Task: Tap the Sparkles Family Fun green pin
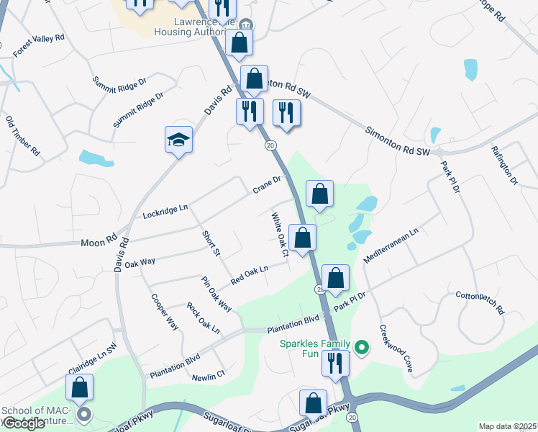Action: point(363,350)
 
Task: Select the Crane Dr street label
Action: point(270,185)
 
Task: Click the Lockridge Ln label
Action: point(165,211)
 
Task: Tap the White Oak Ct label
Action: point(280,234)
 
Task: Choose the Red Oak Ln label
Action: point(249,274)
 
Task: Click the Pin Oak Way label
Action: point(216,294)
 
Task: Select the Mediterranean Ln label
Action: point(391,247)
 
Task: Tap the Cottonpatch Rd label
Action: point(480,302)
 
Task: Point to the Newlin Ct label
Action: point(209,375)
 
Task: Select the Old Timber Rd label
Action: point(22,137)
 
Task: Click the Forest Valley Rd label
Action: point(39,45)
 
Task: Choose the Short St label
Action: point(210,243)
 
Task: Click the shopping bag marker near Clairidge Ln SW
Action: point(80,387)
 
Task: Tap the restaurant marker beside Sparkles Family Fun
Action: point(335,363)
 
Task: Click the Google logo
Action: point(24,423)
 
